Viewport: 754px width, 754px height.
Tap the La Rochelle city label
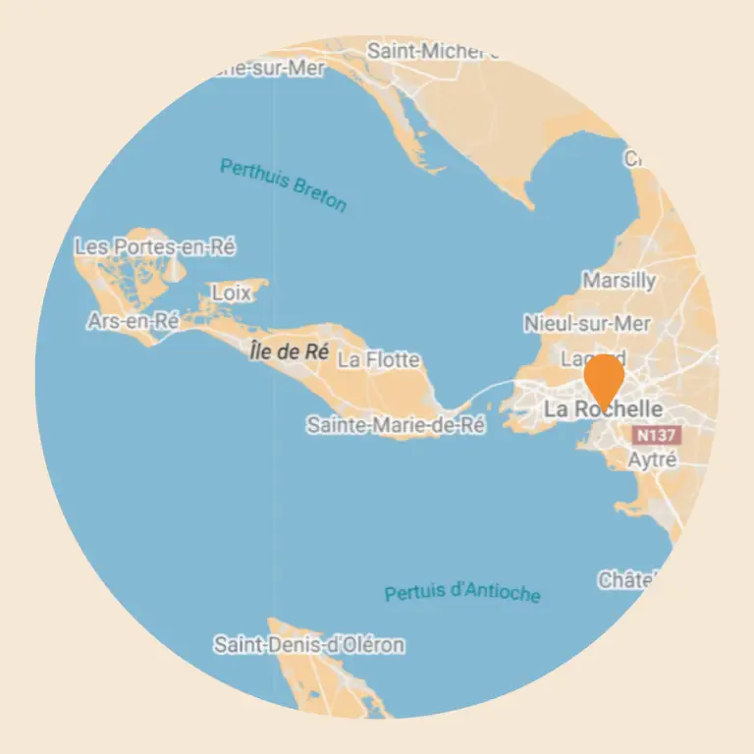(603, 409)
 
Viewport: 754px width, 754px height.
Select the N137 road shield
(657, 434)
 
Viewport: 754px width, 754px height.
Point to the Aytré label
(652, 459)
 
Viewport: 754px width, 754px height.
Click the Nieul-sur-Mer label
(587, 323)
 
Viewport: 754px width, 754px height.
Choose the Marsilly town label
(619, 281)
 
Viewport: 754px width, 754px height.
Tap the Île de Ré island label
(289, 352)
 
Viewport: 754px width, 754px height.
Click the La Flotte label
(378, 360)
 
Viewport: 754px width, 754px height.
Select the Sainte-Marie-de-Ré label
(396, 425)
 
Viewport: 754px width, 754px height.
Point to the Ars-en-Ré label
(133, 321)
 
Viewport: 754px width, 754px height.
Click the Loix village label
(231, 294)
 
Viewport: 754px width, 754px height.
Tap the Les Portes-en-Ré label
(155, 247)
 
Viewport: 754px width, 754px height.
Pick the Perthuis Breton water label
(283, 185)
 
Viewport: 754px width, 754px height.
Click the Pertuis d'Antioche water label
(461, 593)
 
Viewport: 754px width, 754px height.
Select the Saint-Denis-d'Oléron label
(308, 645)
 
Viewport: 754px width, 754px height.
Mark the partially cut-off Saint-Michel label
(430, 50)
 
